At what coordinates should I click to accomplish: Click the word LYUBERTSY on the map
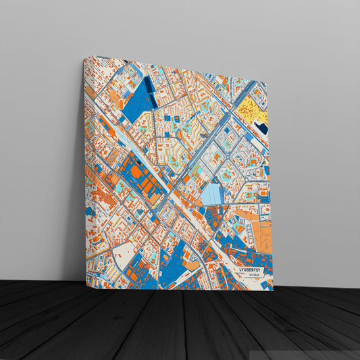pyautogui.click(x=253, y=269)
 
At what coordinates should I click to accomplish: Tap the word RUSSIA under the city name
pyautogui.click(x=254, y=275)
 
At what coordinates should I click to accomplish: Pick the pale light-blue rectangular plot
pyautogui.click(x=211, y=195)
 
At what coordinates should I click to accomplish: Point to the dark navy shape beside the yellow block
pyautogui.click(x=262, y=127)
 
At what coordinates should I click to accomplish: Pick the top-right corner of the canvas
pyautogui.click(x=267, y=83)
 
